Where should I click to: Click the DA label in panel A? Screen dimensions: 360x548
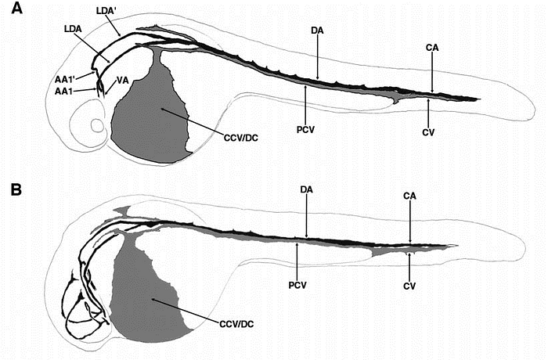coord(317,31)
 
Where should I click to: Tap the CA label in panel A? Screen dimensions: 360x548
coord(431,48)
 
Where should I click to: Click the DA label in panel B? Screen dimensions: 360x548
coord(307,189)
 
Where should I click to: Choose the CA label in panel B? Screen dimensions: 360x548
coord(410,195)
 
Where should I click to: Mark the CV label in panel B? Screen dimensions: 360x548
coord(409,286)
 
